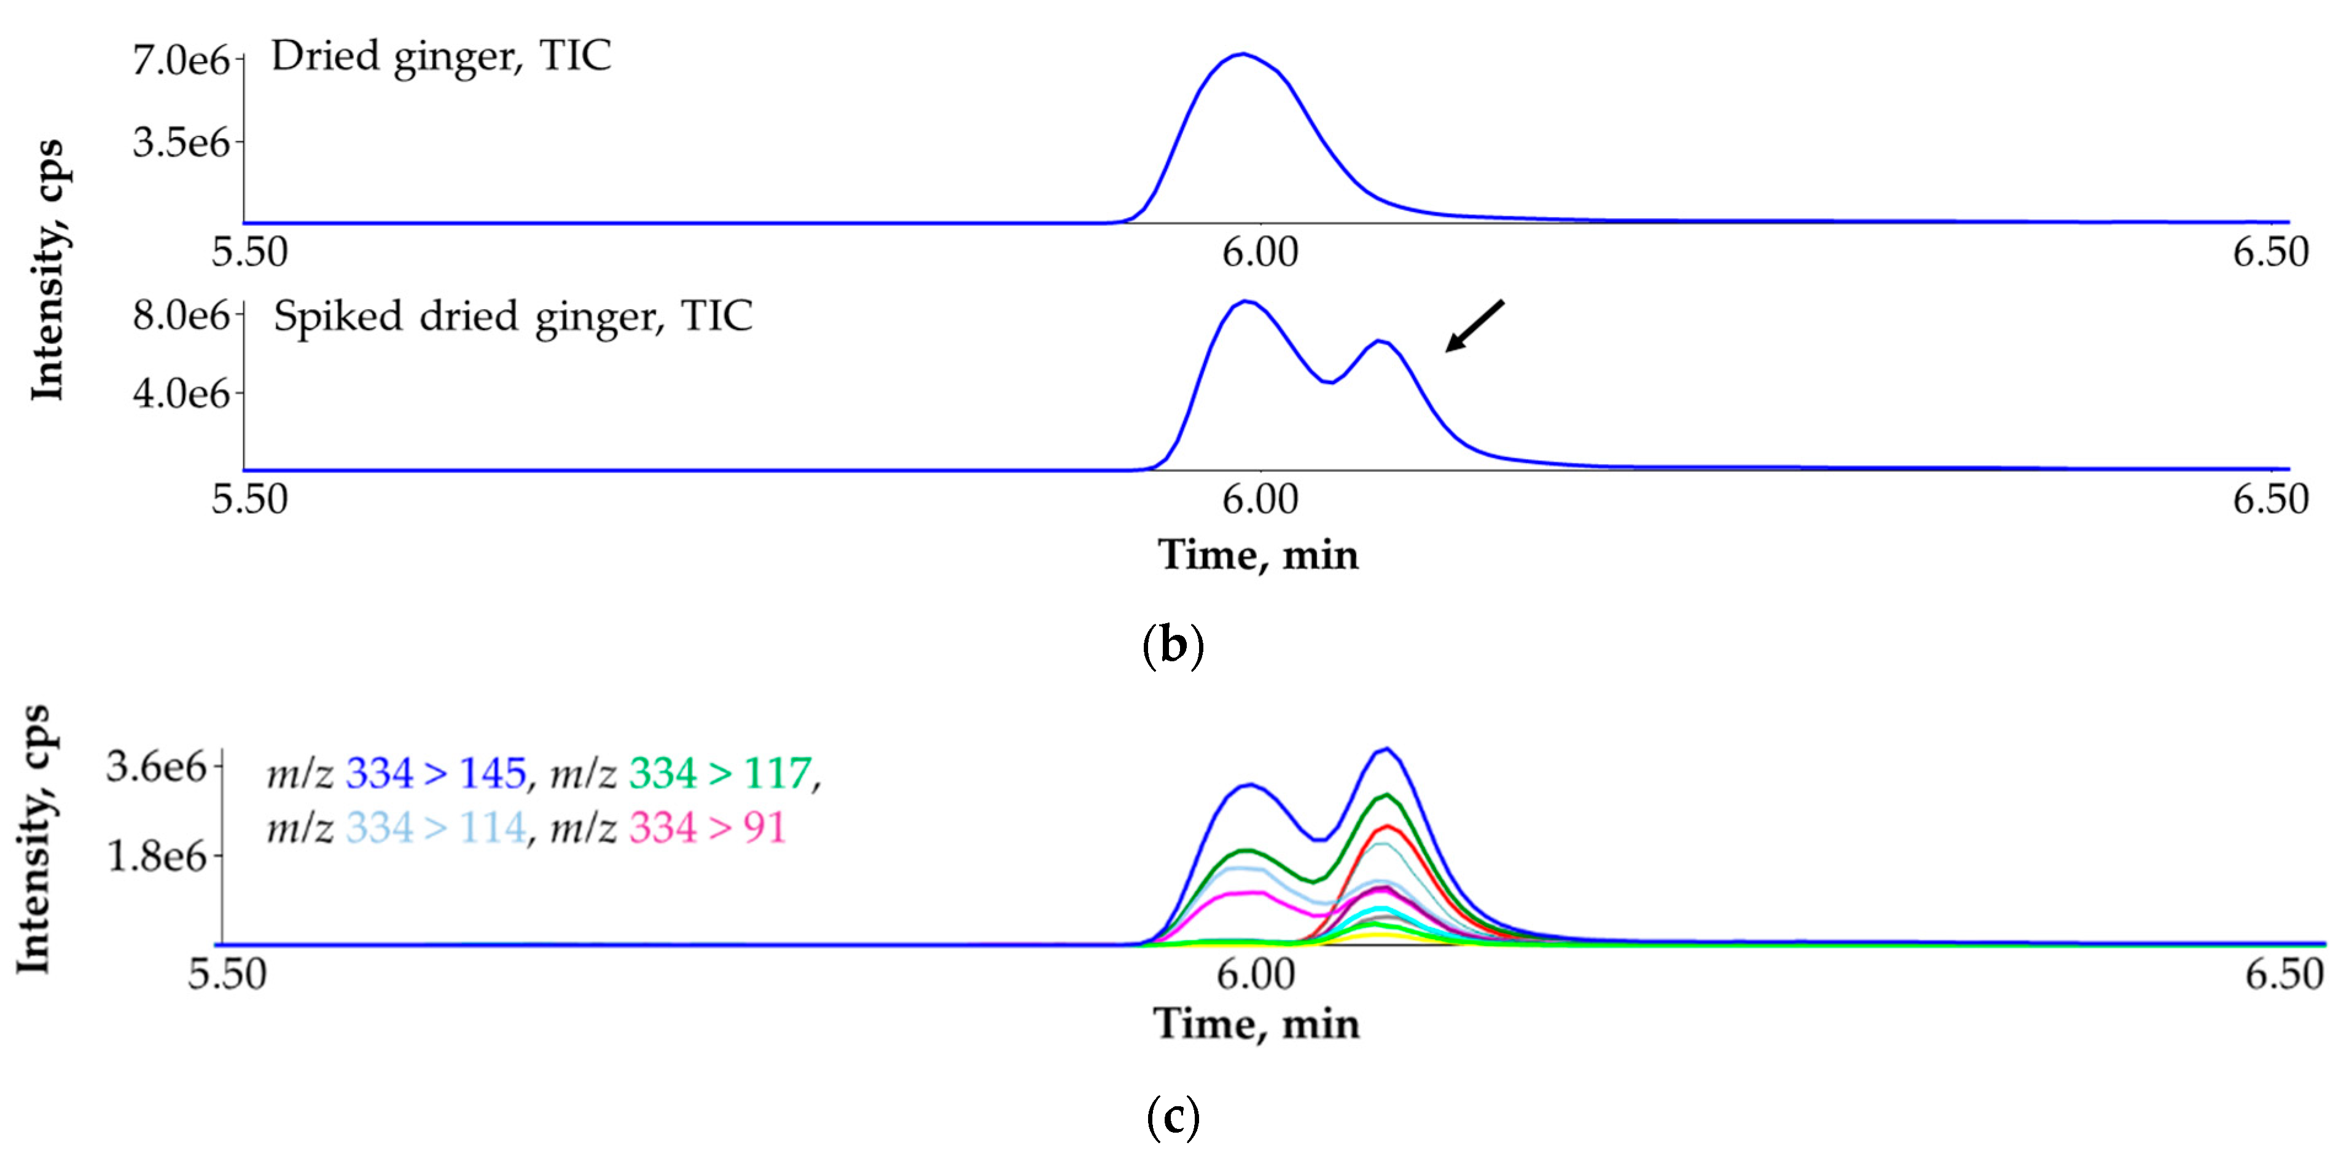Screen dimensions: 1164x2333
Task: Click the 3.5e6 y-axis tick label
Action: (181, 142)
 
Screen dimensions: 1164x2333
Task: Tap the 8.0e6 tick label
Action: (181, 315)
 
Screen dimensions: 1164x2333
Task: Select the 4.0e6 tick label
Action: (181, 393)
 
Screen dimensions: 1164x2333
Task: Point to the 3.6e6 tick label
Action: (157, 767)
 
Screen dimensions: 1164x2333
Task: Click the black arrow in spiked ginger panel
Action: (1474, 326)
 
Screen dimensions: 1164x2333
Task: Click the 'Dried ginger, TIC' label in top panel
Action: (441, 56)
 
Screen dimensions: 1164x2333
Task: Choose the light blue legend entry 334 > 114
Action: (435, 828)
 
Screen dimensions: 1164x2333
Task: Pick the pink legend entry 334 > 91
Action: (706, 828)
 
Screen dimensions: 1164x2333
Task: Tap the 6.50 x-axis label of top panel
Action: (2270, 252)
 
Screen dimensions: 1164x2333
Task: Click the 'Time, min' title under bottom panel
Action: (1256, 1024)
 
